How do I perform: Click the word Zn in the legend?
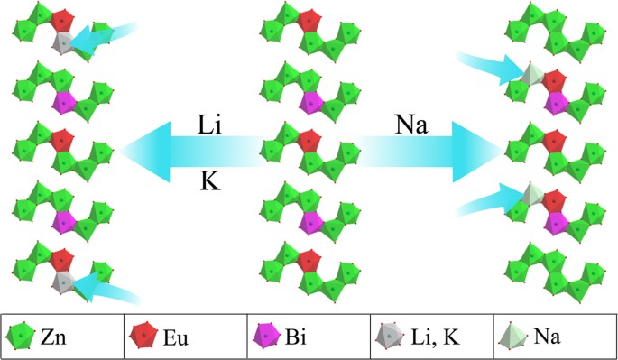point(51,337)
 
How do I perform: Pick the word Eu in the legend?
point(175,337)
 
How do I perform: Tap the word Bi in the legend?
point(295,337)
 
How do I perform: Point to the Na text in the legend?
point(547,337)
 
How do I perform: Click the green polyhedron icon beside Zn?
point(19,337)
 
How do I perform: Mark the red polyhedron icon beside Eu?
point(142,337)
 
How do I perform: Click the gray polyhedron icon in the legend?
point(389,337)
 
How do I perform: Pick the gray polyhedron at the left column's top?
point(62,42)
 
